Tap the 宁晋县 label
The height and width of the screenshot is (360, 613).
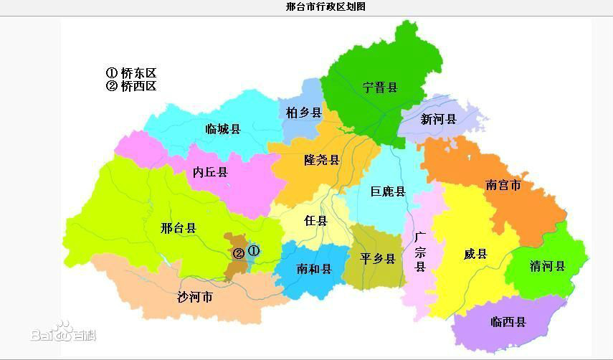380,88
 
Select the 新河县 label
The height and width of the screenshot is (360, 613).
438,119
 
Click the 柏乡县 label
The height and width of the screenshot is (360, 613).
304,113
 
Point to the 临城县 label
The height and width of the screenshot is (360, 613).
223,129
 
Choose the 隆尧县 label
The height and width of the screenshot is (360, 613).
321,160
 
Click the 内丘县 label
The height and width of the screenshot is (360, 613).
211,172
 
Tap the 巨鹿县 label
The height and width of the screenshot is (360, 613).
388,191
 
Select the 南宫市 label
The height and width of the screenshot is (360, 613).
503,185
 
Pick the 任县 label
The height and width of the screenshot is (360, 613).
315,221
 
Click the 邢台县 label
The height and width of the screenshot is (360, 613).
179,229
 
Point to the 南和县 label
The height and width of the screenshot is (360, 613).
314,269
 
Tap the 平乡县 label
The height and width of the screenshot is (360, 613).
378,259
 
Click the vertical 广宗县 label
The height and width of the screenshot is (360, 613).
420,251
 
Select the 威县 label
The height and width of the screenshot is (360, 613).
475,254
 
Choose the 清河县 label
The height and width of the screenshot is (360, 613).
548,266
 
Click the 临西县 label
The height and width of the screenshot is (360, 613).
508,322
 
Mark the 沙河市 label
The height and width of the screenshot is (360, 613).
195,296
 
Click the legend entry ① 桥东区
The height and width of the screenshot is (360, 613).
131,73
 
